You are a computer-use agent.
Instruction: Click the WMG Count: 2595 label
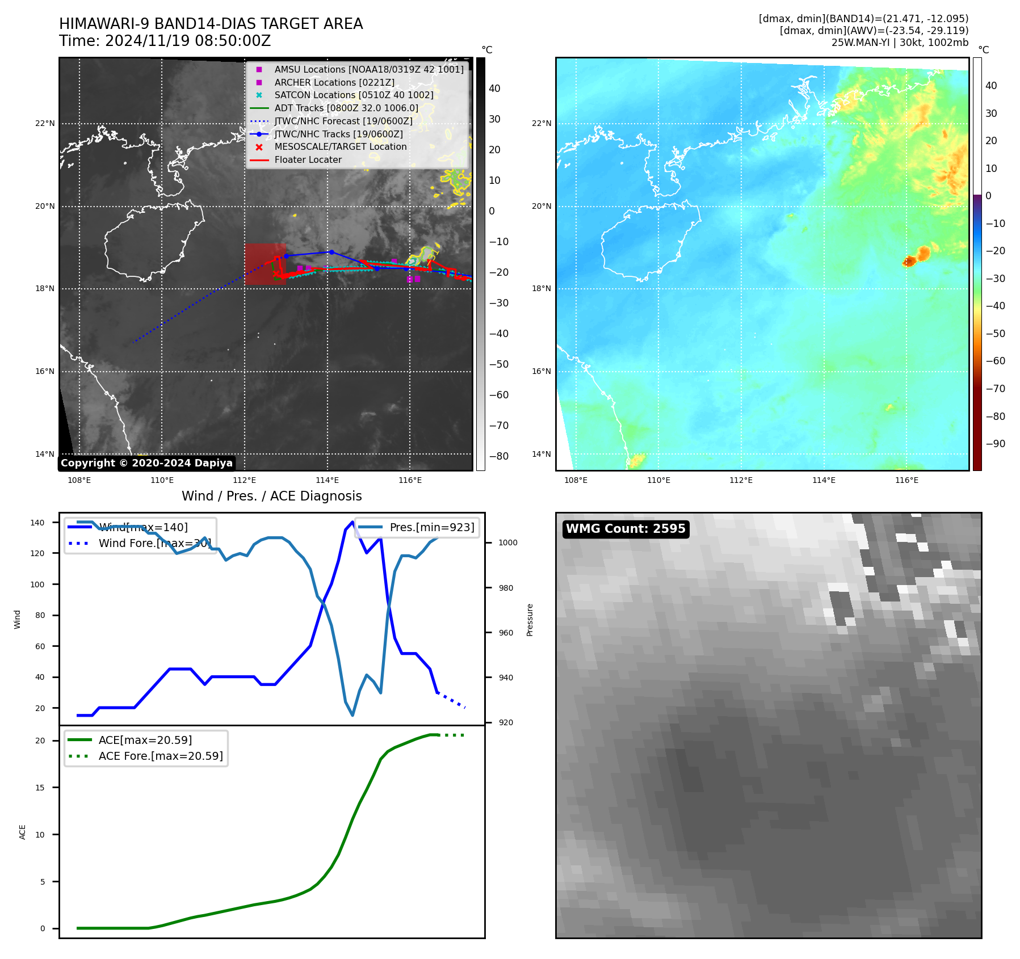pyautogui.click(x=626, y=529)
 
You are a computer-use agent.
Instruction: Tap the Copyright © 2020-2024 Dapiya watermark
pyautogui.click(x=146, y=463)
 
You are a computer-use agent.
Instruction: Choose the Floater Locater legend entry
pyautogui.click(x=308, y=160)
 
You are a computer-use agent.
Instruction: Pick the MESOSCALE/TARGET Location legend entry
pyautogui.click(x=340, y=147)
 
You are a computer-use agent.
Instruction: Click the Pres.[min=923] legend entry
pyautogui.click(x=431, y=527)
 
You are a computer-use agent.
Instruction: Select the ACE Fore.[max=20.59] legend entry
pyautogui.click(x=160, y=756)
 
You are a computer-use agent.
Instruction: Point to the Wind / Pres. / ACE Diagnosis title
pyautogui.click(x=271, y=496)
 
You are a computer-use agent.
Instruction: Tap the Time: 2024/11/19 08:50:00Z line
pyautogui.click(x=165, y=41)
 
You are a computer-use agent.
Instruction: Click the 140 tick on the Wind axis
pyautogui.click(x=37, y=523)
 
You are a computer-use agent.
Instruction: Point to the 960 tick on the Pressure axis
pyautogui.click(x=506, y=633)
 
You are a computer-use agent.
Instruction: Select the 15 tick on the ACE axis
pyautogui.click(x=40, y=788)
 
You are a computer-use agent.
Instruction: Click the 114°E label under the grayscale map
pyautogui.click(x=328, y=481)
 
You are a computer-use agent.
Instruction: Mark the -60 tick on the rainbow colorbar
pyautogui.click(x=995, y=361)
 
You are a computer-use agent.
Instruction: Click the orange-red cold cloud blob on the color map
pyautogui.click(x=918, y=256)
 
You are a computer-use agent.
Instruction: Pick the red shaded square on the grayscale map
pyautogui.click(x=265, y=264)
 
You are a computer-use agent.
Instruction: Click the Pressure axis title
pyautogui.click(x=530, y=620)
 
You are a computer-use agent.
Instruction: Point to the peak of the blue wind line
pyautogui.click(x=352, y=521)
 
